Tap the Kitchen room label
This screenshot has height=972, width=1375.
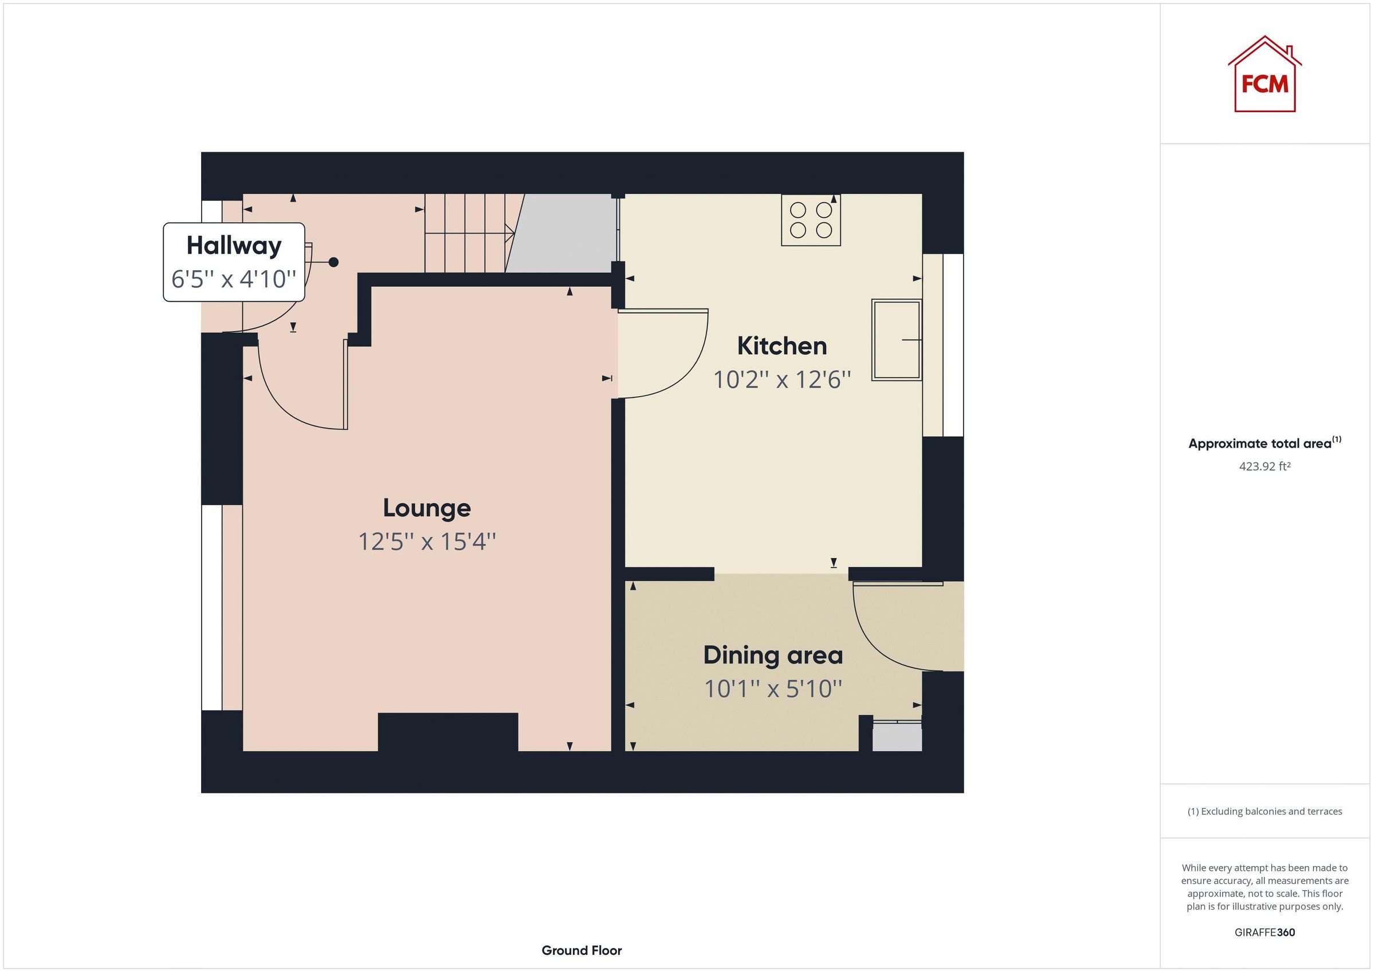coord(781,346)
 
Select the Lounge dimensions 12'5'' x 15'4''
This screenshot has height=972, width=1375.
coord(427,542)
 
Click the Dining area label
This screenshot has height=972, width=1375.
coord(772,655)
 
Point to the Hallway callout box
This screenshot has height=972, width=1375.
coord(234,262)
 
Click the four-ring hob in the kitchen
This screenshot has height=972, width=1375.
coord(811,220)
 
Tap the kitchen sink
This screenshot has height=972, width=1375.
coord(896,340)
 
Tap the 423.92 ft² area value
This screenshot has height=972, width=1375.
coord(1264,466)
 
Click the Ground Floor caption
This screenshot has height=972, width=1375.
coord(582,950)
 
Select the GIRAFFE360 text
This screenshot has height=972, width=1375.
coord(1264,932)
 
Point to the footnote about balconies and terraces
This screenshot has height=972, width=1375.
coord(1264,812)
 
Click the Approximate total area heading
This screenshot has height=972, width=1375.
coord(1264,444)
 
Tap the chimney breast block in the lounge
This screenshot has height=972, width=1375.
coord(447,732)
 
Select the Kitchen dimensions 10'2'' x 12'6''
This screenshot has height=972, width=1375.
coord(781,380)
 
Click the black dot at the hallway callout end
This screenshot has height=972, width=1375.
coord(333,262)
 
